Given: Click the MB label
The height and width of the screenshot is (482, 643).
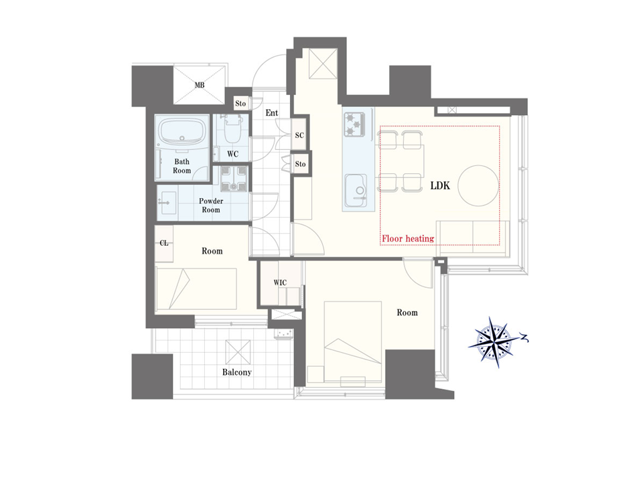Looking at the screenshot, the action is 200,85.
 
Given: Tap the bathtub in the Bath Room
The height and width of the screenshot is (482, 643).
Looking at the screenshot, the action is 182,132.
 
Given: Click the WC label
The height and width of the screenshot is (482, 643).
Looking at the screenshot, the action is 232,154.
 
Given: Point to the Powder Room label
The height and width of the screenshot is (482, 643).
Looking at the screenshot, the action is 211,206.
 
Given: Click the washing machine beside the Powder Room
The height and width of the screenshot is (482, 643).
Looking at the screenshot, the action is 234,179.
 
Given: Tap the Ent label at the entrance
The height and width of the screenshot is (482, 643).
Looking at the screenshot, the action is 271,112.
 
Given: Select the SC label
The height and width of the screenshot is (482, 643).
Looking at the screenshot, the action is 299,135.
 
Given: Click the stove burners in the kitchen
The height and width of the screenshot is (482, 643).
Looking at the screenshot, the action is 355,125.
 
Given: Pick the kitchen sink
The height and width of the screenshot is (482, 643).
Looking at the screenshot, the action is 356,189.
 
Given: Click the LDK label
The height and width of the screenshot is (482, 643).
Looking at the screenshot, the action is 440,185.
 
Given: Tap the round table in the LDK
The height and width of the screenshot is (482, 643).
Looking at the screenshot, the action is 478,185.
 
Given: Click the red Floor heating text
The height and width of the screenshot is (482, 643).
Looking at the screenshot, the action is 408,238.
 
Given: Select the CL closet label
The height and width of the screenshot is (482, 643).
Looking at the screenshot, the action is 164,243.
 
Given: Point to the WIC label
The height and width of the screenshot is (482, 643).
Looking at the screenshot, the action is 280,283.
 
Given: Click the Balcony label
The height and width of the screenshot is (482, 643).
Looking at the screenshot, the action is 236,372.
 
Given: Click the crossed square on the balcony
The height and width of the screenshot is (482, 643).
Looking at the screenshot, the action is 238,352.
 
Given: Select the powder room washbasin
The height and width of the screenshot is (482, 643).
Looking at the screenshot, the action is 167,203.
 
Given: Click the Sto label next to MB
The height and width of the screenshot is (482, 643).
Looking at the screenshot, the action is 240,103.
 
